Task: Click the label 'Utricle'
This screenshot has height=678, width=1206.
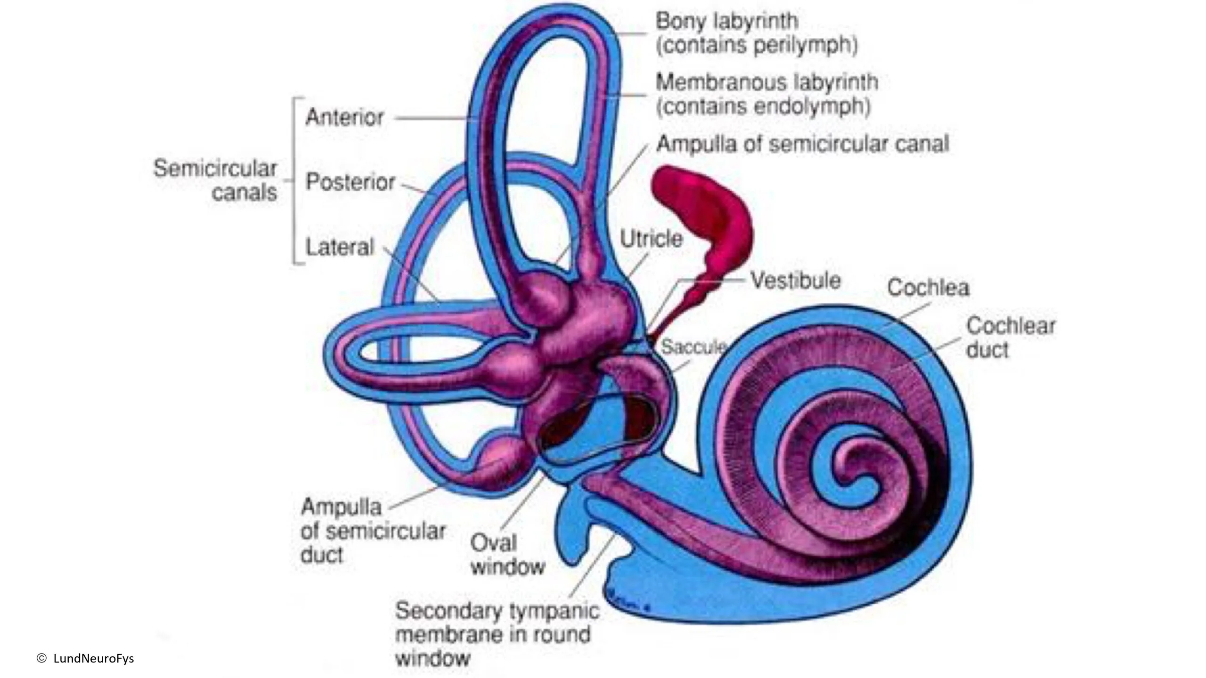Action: pos(651,239)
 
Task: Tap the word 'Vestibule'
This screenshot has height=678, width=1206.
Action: pos(796,281)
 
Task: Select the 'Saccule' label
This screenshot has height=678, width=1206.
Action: pos(693,347)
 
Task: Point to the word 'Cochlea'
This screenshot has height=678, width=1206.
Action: pos(928,288)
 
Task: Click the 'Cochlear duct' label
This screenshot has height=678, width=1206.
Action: pos(1010,338)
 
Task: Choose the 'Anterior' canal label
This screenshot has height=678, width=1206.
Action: pos(344,117)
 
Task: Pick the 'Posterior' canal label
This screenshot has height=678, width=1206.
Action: pos(350,182)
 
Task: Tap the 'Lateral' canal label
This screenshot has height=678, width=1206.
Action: pos(339,247)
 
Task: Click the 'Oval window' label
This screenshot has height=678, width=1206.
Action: pos(507,555)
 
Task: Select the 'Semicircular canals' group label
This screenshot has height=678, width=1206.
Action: pos(215,180)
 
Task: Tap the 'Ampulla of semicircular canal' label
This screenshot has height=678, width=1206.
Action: pos(802,144)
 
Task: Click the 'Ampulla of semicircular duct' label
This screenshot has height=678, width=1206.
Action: pos(373,531)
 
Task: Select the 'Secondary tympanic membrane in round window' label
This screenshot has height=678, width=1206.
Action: pos(497,634)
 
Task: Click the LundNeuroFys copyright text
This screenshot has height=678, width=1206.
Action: pos(85,658)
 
